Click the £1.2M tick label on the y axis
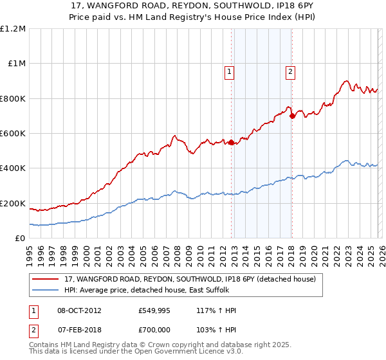pyautogui.click(x=13, y=29)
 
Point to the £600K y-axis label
pyautogui.click(x=13, y=134)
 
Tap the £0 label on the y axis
pyautogui.click(x=20, y=239)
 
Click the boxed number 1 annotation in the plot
pyautogui.click(x=230, y=73)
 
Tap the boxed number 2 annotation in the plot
pyautogui.click(x=291, y=73)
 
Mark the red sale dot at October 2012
pyautogui.click(x=232, y=143)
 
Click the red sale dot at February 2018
pyautogui.click(x=292, y=116)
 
